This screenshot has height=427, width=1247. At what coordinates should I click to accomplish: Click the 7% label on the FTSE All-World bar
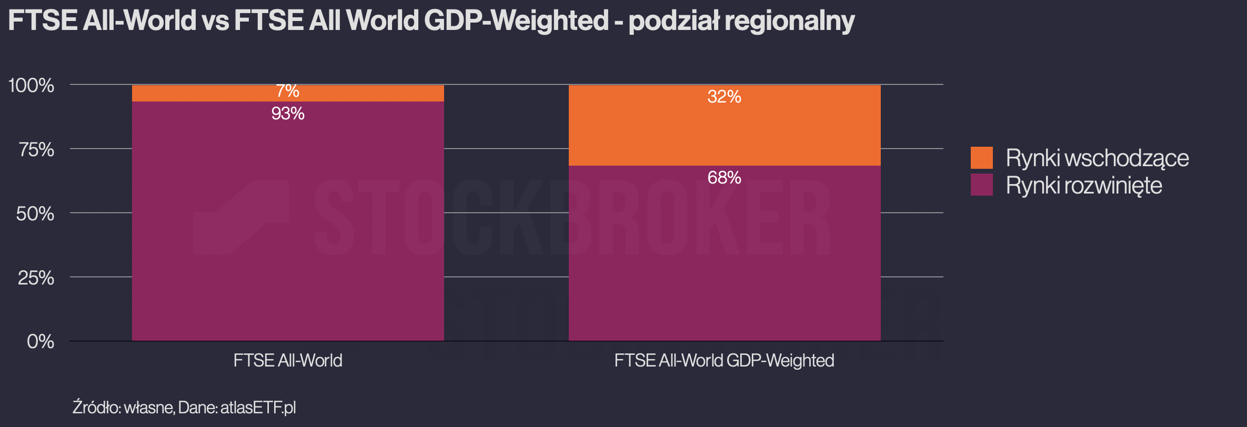coord(288,91)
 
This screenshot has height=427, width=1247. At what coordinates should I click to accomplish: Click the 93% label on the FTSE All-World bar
coord(288,114)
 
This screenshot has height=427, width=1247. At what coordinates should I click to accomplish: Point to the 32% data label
coord(725,97)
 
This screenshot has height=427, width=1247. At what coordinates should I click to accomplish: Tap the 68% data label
coord(725,178)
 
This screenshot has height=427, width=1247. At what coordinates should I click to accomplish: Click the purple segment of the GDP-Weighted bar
coord(725,253)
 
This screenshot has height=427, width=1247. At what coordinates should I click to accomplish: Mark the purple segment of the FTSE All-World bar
coord(288,221)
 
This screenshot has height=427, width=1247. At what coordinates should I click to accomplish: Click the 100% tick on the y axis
coord(32,85)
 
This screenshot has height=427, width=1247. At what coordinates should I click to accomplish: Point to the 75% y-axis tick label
coord(36,150)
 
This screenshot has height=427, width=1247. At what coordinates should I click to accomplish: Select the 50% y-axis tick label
coord(35,213)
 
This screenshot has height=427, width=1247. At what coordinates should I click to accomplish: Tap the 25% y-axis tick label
coord(36,278)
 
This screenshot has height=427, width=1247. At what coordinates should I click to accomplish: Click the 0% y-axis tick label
coord(41,342)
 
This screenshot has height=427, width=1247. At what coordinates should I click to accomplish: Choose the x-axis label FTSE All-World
coord(288,361)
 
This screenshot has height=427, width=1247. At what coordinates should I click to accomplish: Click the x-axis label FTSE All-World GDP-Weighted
coord(725,361)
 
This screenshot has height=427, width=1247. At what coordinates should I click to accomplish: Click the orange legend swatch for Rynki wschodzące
coord(982,158)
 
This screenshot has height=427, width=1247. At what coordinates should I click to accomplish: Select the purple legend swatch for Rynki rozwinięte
coord(982,185)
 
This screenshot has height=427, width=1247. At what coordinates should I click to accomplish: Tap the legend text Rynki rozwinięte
coord(1084,186)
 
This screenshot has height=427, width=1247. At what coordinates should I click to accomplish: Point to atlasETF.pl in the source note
coord(258,408)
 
